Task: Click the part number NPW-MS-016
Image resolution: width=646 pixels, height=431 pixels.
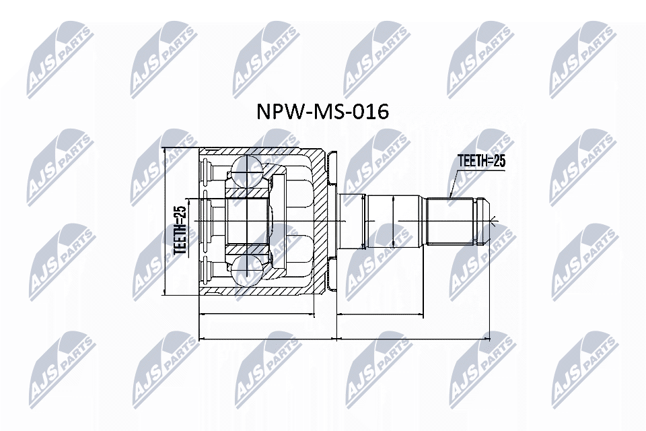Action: [322, 112]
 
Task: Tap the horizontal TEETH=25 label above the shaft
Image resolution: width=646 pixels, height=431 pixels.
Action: [481, 161]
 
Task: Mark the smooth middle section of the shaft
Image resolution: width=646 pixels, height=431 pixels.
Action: [396, 221]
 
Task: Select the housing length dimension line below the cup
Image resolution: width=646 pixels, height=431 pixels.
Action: [257, 314]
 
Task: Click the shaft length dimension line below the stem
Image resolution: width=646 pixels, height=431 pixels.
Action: [378, 314]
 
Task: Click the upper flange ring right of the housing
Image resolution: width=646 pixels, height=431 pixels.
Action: [330, 168]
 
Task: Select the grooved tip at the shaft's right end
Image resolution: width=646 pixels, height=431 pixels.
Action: [483, 221]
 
